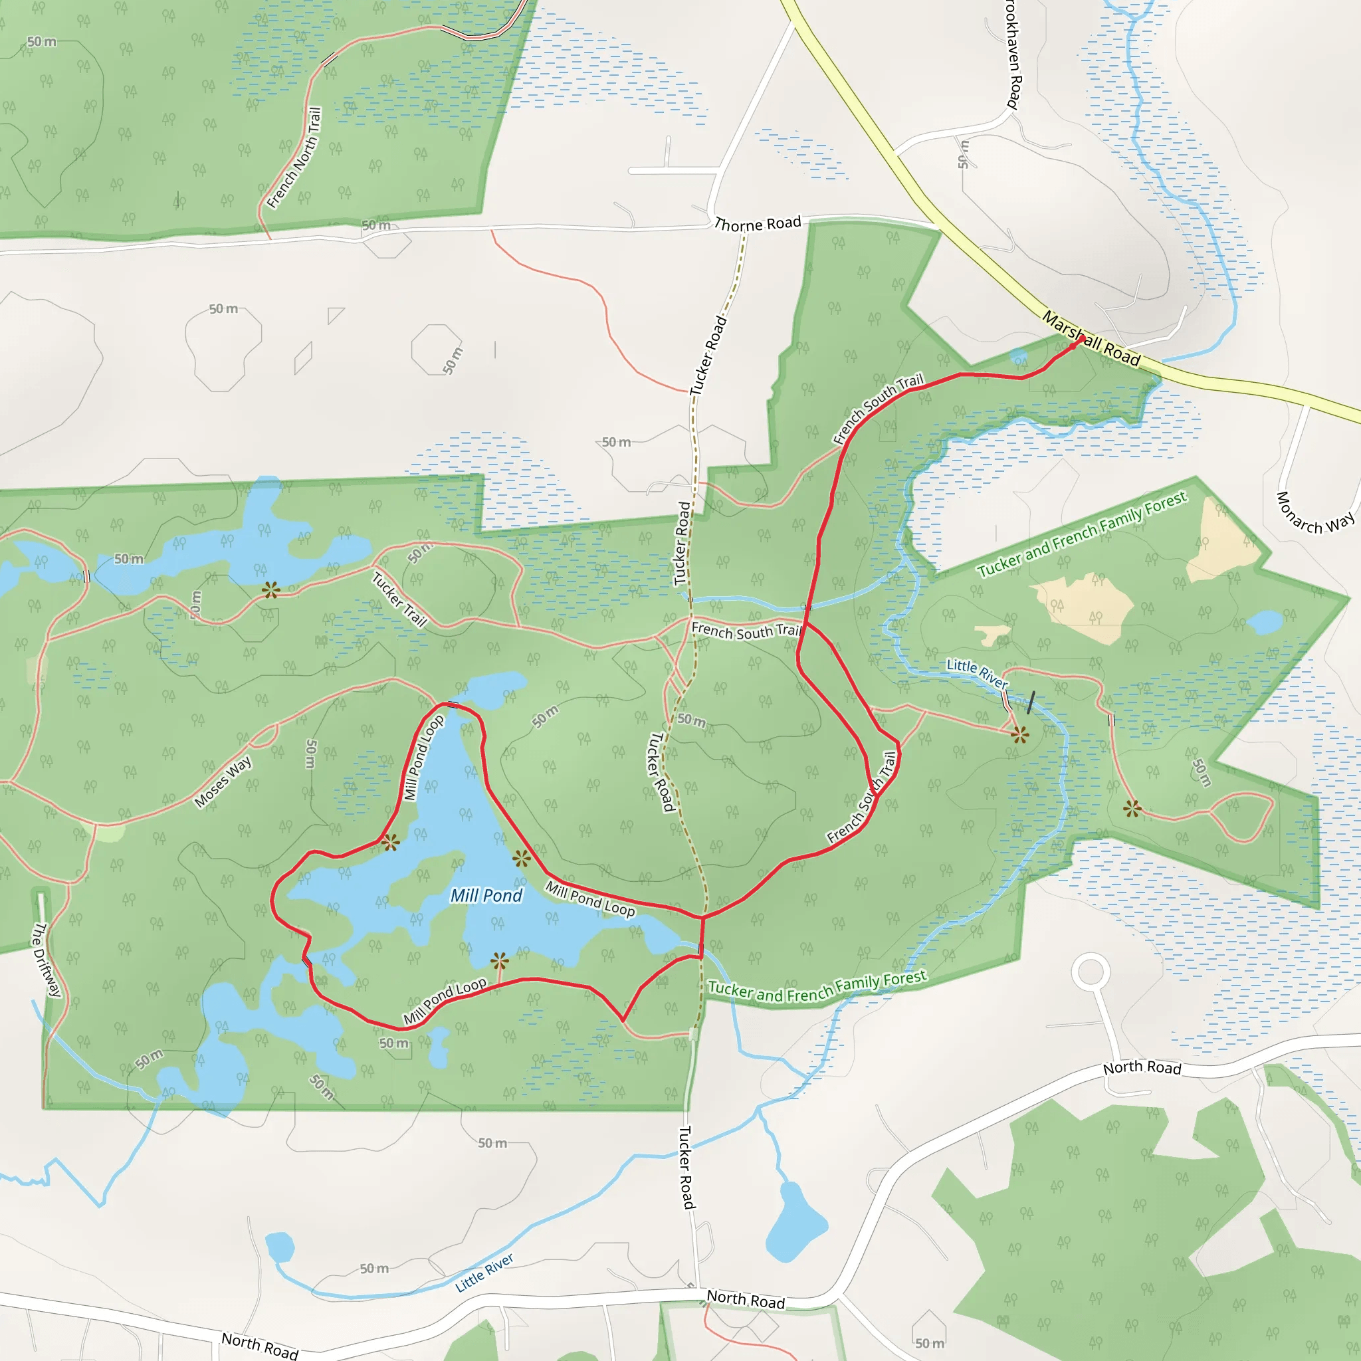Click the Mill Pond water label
pyautogui.click(x=486, y=895)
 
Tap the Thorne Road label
pyautogui.click(x=758, y=224)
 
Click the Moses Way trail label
pyautogui.click(x=223, y=782)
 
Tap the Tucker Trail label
pyautogui.click(x=399, y=599)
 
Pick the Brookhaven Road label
pyautogui.click(x=1012, y=53)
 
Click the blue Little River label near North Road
pyautogui.click(x=484, y=1272)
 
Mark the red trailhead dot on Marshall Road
pyautogui.click(x=1081, y=340)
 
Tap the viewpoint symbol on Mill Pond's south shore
pyautogui.click(x=500, y=961)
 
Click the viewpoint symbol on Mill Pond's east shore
pyautogui.click(x=521, y=858)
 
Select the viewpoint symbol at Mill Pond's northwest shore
pyautogui.click(x=390, y=842)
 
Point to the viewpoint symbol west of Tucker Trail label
pyautogui.click(x=270, y=589)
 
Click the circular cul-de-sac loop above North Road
pyautogui.click(x=1091, y=972)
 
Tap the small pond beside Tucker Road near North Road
pyautogui.click(x=795, y=1221)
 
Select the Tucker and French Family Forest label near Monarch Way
pyautogui.click(x=1081, y=534)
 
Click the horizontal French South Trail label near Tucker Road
pyautogui.click(x=746, y=631)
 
